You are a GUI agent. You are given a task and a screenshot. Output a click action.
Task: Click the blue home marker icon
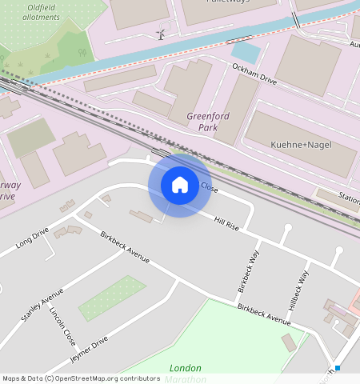(180, 185)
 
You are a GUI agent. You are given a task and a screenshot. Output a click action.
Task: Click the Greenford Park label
(202, 122)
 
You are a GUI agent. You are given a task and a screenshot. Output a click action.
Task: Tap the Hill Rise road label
(226, 225)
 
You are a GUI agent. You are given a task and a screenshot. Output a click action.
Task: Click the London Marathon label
(185, 374)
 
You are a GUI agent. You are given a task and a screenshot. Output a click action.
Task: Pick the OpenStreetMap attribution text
(81, 378)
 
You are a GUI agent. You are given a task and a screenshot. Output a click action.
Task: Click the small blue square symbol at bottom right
(338, 368)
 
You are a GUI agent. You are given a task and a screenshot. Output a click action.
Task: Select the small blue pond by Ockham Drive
(246, 54)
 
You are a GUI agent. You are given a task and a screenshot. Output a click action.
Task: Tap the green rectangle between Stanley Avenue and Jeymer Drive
(112, 298)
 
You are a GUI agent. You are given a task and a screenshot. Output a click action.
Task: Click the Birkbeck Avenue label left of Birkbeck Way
(126, 247)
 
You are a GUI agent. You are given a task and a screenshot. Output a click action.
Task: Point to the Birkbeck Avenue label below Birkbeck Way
(263, 314)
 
